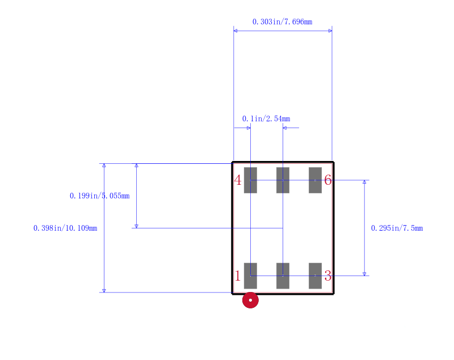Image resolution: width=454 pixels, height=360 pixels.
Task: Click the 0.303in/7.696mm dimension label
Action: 282,22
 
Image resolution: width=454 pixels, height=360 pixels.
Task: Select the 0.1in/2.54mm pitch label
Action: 266,119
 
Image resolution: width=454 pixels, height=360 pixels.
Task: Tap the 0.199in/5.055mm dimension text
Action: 100,196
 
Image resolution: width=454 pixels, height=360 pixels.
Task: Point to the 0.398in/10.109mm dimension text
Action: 65,228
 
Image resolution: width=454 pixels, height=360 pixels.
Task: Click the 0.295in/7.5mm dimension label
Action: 397,228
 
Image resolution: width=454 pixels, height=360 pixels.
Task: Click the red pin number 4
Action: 238,180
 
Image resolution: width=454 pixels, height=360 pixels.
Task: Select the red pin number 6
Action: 328,180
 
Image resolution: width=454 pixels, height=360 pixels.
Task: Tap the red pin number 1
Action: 238,276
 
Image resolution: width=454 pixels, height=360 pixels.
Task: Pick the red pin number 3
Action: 328,276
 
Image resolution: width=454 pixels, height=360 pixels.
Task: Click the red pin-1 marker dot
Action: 250,300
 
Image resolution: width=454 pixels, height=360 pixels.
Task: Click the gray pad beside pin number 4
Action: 250,180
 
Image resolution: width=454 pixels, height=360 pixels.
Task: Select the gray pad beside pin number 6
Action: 316,180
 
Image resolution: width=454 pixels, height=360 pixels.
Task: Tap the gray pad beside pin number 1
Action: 250,276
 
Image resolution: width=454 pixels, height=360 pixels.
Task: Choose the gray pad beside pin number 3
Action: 316,276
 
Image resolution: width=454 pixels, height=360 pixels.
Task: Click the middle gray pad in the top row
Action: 283,180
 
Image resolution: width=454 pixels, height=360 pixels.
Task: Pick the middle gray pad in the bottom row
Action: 283,276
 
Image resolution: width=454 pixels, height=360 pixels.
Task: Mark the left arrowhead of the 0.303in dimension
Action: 235,31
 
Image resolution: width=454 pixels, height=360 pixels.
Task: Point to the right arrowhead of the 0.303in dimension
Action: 330,31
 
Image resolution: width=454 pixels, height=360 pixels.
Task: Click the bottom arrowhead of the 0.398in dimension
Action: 104,291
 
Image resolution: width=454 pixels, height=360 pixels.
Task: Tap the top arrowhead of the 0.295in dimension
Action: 364,182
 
